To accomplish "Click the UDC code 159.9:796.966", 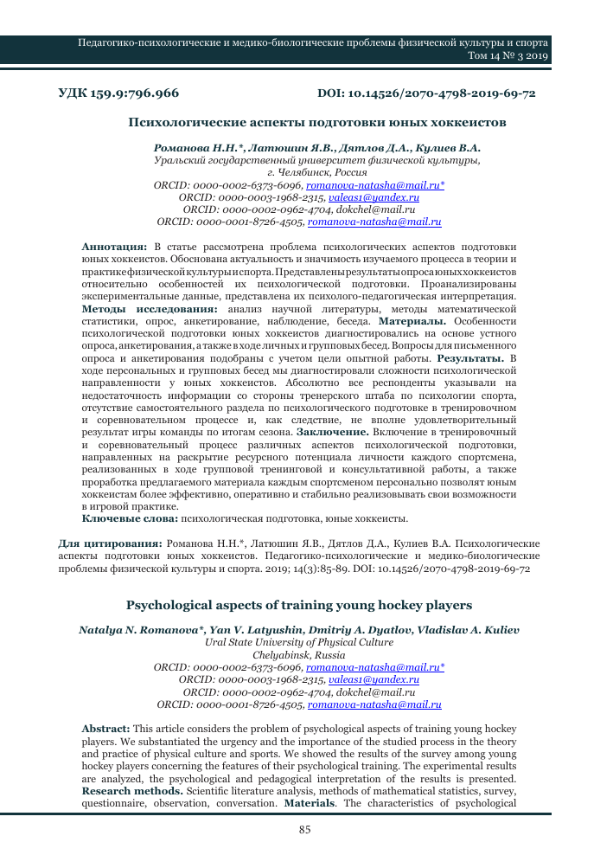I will point(118,93).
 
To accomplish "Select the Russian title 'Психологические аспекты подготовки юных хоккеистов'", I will point(316,123).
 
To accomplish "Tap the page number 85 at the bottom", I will point(305,830).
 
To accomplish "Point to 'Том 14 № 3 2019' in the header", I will point(503,56).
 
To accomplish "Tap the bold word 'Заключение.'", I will point(333,430).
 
